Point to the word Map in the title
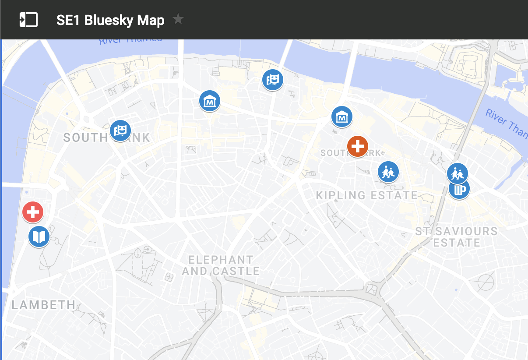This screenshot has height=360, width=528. tap(150, 20)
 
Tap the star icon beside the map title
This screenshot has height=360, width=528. tap(178, 19)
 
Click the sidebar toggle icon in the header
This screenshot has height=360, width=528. tap(28, 20)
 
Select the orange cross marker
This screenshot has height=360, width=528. tap(357, 146)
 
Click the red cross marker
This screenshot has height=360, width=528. tap(33, 212)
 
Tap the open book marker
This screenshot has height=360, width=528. tap(39, 237)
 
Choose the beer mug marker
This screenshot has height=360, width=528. tap(459, 189)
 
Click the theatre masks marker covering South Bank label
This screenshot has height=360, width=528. tap(120, 131)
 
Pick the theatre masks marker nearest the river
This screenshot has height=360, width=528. tap(273, 80)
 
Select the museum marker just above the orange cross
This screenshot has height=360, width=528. tap(341, 117)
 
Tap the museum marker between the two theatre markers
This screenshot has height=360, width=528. tap(210, 101)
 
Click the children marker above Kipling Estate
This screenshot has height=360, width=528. tap(388, 172)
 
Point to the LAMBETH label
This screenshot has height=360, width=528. tap(43, 305)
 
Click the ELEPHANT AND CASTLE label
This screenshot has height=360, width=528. tap(221, 265)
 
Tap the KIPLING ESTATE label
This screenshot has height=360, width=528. tap(367, 195)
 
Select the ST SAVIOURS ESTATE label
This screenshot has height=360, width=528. tap(456, 236)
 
